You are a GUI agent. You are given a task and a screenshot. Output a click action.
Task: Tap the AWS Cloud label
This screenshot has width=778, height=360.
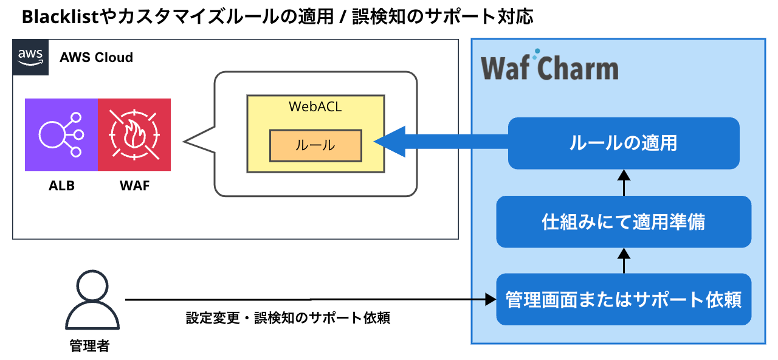96,58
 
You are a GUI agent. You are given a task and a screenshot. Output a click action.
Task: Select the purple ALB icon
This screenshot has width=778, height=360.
61,134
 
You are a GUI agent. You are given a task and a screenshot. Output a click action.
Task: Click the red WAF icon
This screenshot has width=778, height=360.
134,134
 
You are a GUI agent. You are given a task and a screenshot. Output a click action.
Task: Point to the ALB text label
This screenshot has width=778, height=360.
61,186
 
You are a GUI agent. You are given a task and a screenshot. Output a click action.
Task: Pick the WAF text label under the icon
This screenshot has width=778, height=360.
134,186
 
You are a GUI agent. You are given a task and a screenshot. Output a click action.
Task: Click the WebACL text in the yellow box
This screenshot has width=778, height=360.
315,106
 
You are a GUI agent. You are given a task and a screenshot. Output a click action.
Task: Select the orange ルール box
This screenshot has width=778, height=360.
315,145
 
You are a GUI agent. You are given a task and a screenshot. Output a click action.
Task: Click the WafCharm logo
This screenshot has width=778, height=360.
549,68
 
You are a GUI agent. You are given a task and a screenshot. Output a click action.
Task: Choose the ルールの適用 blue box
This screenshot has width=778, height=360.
624,144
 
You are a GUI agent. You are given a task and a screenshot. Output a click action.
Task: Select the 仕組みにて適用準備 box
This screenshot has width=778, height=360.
624,222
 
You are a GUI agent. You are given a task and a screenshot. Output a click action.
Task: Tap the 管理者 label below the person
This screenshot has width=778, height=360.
89,346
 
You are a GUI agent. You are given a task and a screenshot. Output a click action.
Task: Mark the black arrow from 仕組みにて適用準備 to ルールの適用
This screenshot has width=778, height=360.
624,182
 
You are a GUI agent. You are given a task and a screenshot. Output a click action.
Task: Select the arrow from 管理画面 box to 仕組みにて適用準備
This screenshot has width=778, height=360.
624,260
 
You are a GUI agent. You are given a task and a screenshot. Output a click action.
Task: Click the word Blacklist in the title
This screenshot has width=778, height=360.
60,17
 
